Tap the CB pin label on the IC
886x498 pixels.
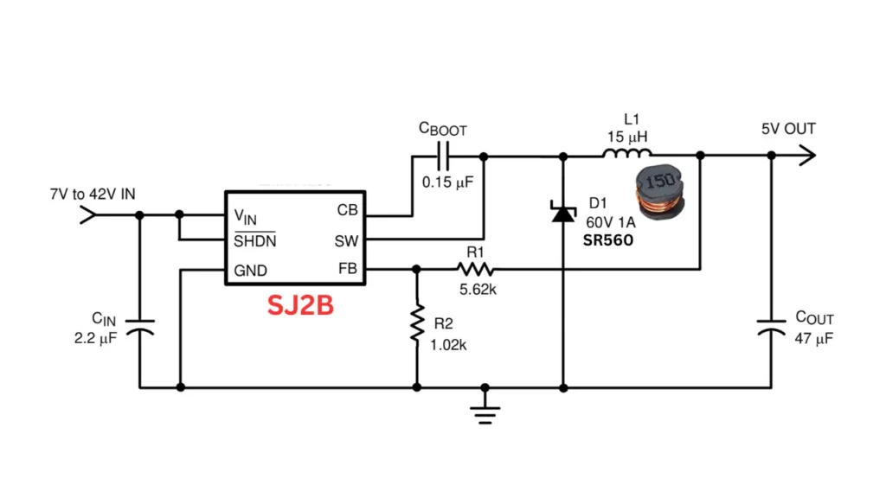[346, 210]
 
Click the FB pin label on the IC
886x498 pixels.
[347, 270]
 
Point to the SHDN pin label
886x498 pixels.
[255, 240]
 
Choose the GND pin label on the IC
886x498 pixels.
[251, 270]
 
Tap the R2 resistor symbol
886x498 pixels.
[417, 322]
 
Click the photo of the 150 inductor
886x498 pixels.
[658, 194]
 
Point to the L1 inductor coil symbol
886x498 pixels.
[627, 155]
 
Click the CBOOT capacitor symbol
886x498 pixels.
[443, 156]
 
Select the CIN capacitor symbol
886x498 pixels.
[139, 329]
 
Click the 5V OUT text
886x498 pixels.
[788, 130]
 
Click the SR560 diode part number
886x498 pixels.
[608, 240]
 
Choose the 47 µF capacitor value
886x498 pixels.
[813, 339]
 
